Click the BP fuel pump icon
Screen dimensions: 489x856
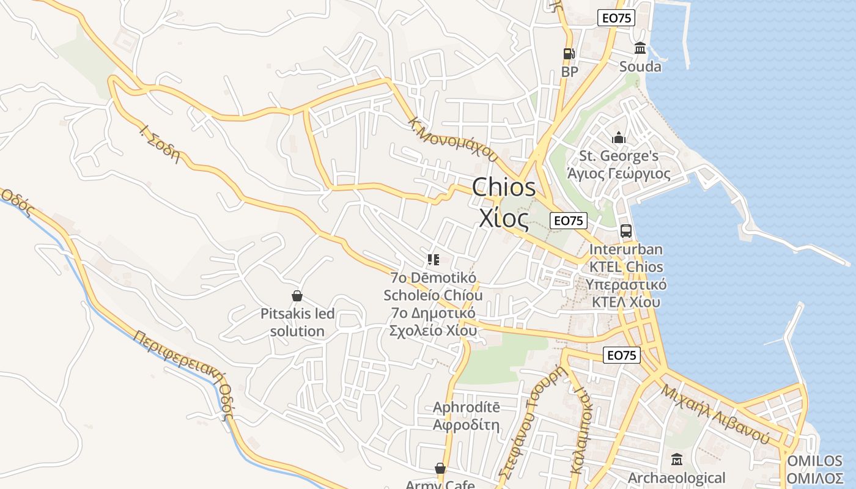pos(569,54)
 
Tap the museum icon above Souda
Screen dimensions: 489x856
pos(640,48)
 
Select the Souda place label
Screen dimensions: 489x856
pos(640,66)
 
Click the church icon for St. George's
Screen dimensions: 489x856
pos(619,138)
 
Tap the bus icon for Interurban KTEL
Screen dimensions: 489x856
pos(625,231)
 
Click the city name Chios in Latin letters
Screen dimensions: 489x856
pos(504,188)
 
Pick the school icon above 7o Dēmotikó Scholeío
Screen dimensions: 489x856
pos(434,260)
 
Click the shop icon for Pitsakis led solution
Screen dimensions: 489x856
pos(297,296)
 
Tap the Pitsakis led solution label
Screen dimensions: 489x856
pos(298,323)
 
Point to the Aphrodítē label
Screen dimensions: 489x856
pos(466,407)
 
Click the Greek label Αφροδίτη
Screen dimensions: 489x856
pos(466,425)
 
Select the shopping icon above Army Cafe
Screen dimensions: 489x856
pos(440,469)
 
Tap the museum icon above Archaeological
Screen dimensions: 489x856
pos(677,459)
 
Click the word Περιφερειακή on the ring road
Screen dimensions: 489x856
pos(178,357)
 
